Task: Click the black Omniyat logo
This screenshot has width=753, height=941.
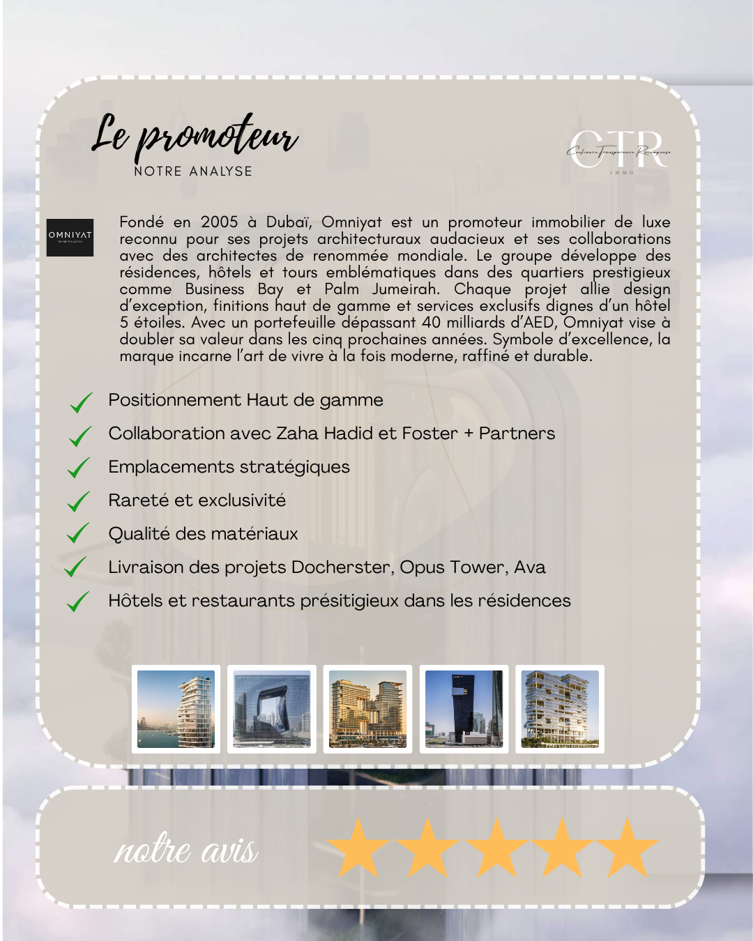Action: click(70, 237)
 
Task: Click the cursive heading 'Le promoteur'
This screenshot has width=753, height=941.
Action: click(195, 135)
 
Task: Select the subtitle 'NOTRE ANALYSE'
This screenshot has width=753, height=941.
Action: click(193, 171)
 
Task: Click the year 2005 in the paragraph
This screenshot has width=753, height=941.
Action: click(220, 222)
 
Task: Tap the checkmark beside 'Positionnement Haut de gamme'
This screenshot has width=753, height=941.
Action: click(81, 402)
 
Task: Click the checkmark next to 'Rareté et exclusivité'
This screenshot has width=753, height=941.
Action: click(79, 501)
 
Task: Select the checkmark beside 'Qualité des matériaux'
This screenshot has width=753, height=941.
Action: click(78, 534)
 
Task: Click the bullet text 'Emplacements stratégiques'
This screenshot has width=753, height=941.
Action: click(229, 467)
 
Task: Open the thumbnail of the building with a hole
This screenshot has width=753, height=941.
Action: click(272, 709)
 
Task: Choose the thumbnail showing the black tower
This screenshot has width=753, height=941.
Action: click(464, 709)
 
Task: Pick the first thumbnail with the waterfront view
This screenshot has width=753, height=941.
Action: click(176, 709)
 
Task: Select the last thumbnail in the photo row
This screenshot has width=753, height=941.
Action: click(560, 709)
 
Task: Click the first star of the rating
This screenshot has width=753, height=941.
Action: click(358, 848)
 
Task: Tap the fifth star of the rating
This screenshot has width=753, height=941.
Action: click(627, 848)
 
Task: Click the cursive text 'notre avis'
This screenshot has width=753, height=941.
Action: click(186, 850)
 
